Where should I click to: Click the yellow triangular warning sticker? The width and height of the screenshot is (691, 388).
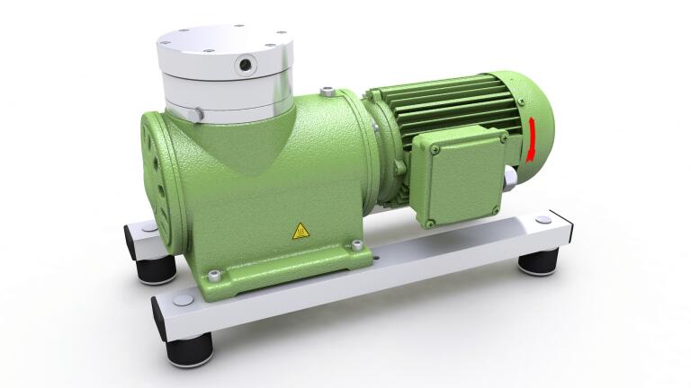pyautogui.click(x=301, y=231)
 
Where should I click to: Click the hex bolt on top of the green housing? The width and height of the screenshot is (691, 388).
pyautogui.click(x=330, y=92)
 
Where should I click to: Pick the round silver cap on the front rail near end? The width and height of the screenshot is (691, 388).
pyautogui.click(x=181, y=299)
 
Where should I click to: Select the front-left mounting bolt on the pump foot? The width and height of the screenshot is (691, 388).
pyautogui.click(x=214, y=275)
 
